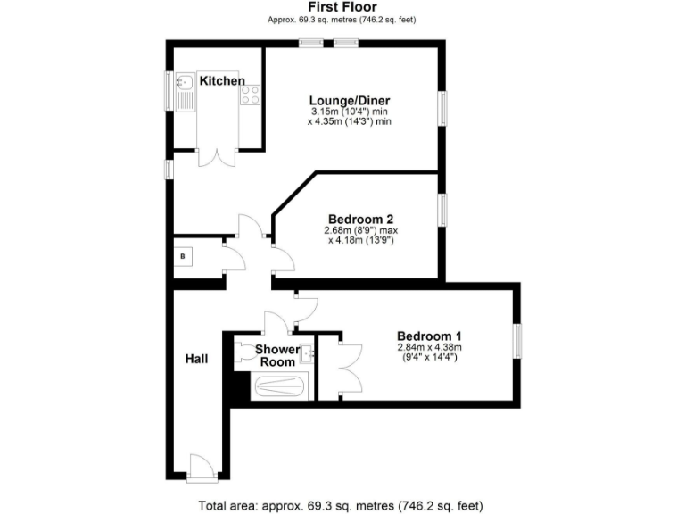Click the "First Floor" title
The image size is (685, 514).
tap(342, 6)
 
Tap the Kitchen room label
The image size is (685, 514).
tap(221, 81)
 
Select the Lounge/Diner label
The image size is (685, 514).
tap(350, 100)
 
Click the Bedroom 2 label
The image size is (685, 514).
tap(360, 219)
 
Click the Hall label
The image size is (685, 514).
tap(196, 359)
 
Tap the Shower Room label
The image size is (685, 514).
tap(276, 355)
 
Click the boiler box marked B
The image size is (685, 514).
tap(184, 257)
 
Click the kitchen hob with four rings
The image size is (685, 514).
tap(250, 94)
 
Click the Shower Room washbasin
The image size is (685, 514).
tap(308, 353)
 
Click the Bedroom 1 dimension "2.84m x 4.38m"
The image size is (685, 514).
tap(429, 347)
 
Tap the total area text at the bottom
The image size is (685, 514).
tap(342, 505)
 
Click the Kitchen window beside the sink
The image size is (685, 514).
tap(168, 89)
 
